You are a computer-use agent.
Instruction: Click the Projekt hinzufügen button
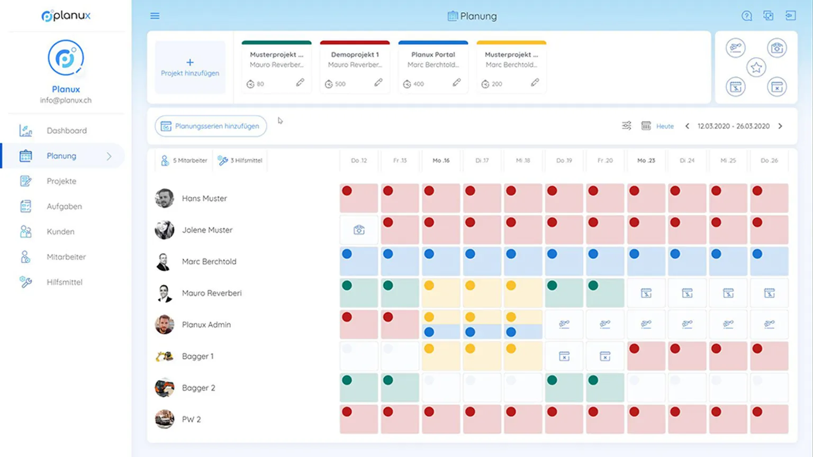[190, 67]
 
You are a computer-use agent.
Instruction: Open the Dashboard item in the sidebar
[66, 131]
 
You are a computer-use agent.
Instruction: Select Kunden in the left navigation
[60, 232]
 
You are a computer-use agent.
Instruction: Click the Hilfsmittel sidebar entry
[64, 282]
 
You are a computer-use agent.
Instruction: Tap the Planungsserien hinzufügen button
[211, 126]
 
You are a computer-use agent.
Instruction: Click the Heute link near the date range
[665, 126]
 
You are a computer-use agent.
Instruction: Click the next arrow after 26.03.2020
[780, 126]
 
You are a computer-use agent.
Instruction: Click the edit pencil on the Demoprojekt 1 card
[378, 83]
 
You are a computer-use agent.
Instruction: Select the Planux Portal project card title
[433, 54]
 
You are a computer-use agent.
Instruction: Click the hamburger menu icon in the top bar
[155, 16]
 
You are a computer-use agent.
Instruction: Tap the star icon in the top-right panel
[756, 67]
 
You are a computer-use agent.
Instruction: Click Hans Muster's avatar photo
[165, 198]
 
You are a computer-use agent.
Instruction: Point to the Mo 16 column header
[441, 160]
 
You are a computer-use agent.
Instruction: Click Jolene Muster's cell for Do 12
[359, 230]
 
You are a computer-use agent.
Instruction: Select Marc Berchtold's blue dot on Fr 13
[388, 254]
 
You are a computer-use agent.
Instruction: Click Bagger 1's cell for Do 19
[564, 357]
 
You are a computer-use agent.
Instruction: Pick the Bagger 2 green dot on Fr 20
[593, 380]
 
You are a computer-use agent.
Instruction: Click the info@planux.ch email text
[66, 100]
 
